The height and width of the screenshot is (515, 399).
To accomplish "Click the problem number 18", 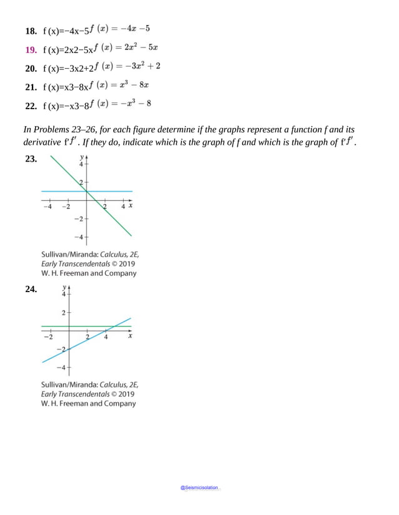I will pyautogui.click(x=31, y=31).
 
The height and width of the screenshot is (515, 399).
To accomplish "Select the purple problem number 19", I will pyautogui.click(x=31, y=49).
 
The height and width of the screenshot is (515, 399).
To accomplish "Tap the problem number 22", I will pyautogui.click(x=31, y=106).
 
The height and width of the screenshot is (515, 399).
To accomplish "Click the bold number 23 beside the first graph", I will pyautogui.click(x=31, y=159).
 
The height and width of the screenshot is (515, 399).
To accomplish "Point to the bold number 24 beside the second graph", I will pyautogui.click(x=31, y=289).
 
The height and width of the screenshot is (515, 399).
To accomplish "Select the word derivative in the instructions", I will pyautogui.click(x=42, y=142).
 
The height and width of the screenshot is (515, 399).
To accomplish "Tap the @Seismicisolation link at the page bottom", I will pyautogui.click(x=200, y=488).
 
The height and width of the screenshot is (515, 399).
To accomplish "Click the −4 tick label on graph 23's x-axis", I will pyautogui.click(x=48, y=207).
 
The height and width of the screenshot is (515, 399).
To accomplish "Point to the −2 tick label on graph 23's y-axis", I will pyautogui.click(x=78, y=219).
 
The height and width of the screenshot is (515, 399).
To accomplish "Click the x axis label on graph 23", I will pyautogui.click(x=131, y=206).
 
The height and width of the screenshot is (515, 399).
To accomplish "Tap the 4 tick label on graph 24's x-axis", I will pyautogui.click(x=106, y=337).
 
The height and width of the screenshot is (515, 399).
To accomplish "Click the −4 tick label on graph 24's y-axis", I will pyautogui.click(x=61, y=367).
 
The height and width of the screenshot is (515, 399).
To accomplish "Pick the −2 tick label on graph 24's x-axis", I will pyautogui.click(x=48, y=337).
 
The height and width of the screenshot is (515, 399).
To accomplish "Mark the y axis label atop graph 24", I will pyautogui.click(x=64, y=288).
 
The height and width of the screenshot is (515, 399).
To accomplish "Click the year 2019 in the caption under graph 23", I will pyautogui.click(x=126, y=264).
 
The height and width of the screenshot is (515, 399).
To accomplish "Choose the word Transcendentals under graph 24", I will pyautogui.click(x=83, y=395).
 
